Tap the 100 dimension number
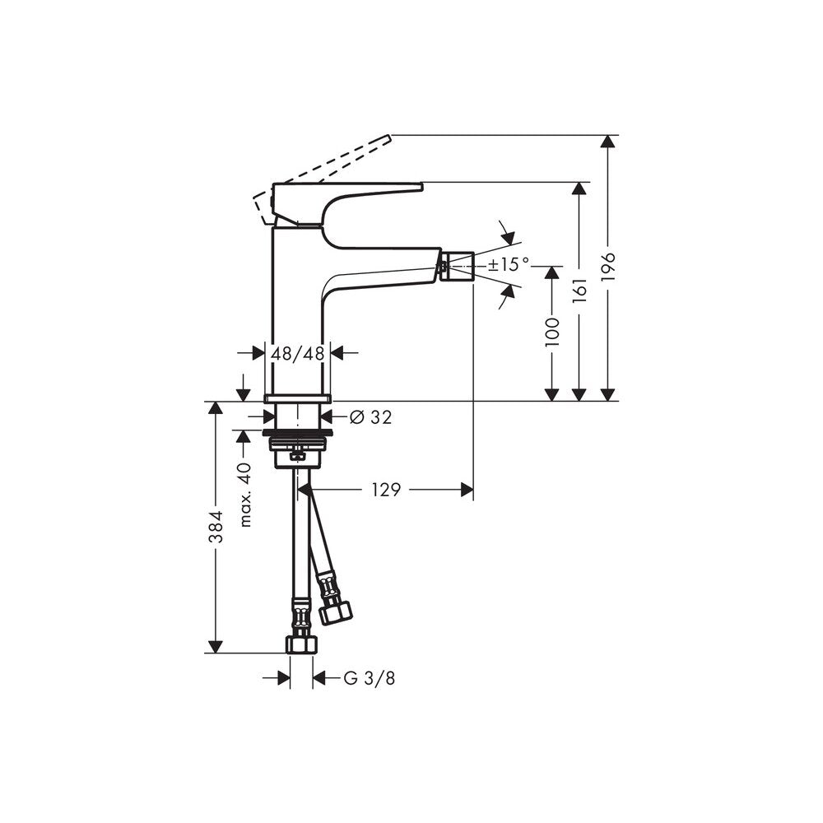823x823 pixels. click(x=552, y=331)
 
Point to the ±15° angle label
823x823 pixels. click(x=509, y=264)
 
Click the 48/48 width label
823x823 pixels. click(x=298, y=353)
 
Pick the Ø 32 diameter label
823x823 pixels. click(x=370, y=417)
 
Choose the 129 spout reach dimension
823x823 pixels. click(x=386, y=490)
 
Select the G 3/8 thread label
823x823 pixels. click(x=369, y=678)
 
